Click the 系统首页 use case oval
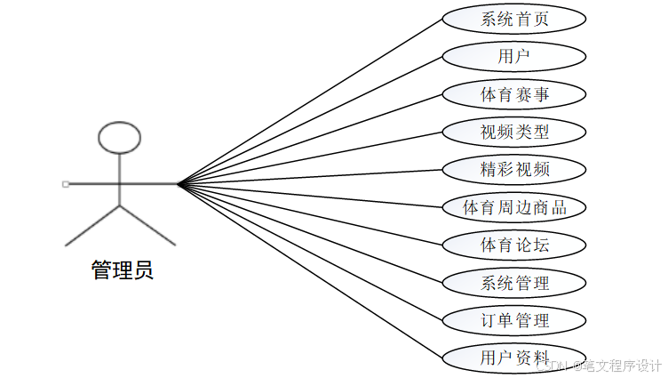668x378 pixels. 514,19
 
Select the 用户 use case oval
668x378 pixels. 514,57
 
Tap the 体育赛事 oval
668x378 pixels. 514,94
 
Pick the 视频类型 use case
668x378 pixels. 514,133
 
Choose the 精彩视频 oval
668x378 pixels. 514,170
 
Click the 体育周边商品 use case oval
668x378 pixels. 514,208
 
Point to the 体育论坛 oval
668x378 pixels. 514,245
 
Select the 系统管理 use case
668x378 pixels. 514,284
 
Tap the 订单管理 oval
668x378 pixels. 514,321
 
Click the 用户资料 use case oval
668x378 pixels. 514,358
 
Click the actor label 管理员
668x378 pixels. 123,270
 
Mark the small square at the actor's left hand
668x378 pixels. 66,184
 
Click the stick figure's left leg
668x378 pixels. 92,225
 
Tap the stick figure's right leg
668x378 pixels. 147,225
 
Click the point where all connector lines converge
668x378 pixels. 179,184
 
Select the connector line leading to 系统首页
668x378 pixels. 311,101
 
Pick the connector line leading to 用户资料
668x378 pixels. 311,271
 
